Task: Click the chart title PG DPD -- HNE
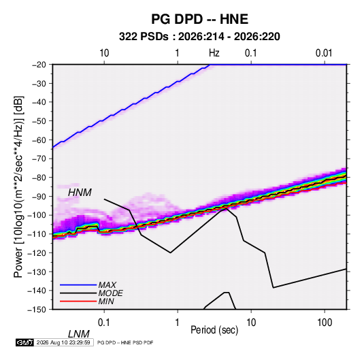point(199,19)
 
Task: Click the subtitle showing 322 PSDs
point(199,37)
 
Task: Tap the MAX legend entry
point(88,285)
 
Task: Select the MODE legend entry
point(91,293)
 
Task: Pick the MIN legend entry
point(87,301)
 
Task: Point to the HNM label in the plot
point(80,193)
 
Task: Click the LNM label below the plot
point(78,334)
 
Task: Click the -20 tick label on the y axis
point(39,65)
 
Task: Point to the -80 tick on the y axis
point(39,178)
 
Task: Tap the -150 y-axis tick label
point(37,310)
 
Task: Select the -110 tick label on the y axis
point(37,234)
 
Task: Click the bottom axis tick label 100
point(325,323)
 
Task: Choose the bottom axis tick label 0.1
point(103,323)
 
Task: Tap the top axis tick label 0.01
point(324,53)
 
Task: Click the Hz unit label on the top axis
point(214,53)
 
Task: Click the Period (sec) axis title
point(214,330)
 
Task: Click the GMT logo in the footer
point(25,342)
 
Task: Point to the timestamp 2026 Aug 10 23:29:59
point(63,342)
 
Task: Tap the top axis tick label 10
point(104,53)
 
